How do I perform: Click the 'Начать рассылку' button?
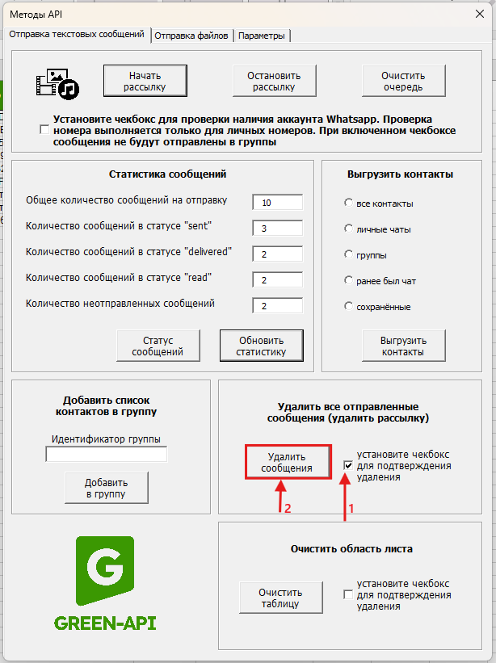[145, 81]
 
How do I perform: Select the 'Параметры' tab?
[261, 36]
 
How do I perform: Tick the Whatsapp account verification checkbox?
[44, 129]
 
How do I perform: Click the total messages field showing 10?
[277, 202]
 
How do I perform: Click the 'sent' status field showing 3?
[277, 229]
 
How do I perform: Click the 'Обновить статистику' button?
[261, 346]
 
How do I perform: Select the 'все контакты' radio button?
[348, 203]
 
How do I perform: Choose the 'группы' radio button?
[348, 255]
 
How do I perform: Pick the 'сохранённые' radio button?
[348, 307]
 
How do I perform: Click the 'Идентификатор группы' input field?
[107, 455]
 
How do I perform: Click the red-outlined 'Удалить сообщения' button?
[288, 463]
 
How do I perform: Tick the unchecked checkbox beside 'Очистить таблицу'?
[348, 595]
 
